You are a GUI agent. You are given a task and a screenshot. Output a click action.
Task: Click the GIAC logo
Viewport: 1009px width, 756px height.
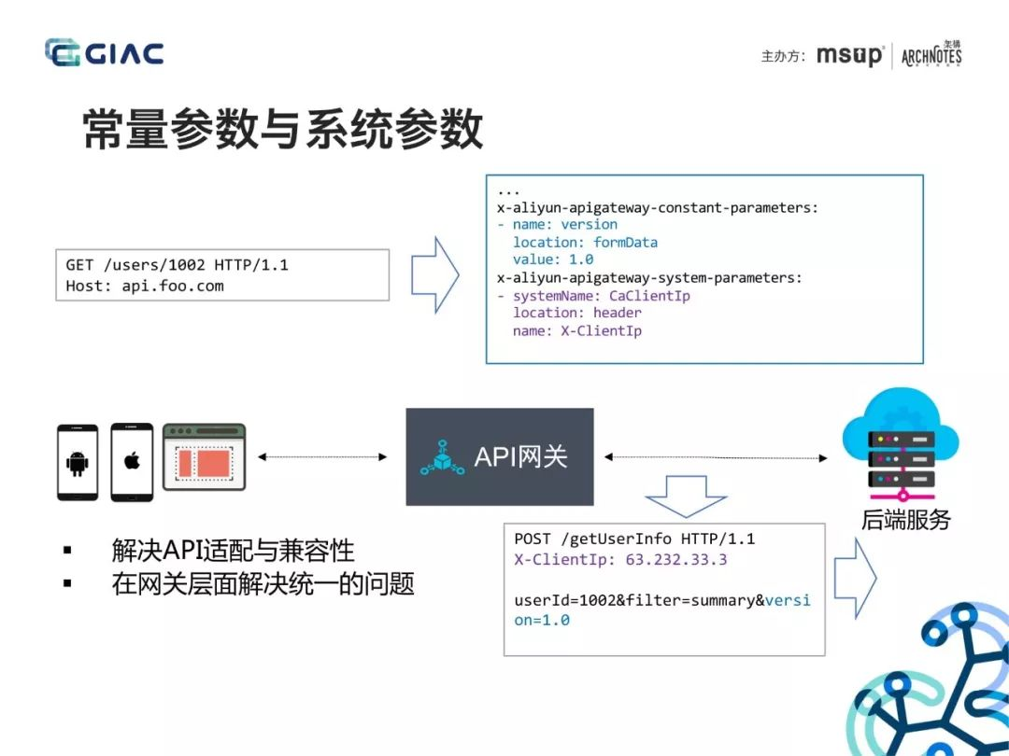(x=105, y=52)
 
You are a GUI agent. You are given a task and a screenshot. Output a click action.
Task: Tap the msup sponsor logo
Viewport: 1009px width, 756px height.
(x=850, y=55)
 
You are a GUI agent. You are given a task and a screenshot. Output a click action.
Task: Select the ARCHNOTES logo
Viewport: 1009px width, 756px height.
(x=931, y=54)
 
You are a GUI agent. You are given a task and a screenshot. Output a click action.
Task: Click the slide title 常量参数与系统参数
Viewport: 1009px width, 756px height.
(x=283, y=129)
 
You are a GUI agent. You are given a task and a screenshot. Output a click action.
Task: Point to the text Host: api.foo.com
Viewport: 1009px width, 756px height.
(x=145, y=287)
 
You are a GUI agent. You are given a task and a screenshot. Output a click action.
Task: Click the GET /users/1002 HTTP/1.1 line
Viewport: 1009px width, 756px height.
(x=177, y=265)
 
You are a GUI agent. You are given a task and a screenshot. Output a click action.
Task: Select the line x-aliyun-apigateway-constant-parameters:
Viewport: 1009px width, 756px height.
(x=657, y=207)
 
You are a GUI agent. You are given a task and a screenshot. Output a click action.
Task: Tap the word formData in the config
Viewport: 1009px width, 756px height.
(x=625, y=243)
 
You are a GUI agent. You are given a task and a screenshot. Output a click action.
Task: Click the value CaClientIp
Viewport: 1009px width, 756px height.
(x=649, y=296)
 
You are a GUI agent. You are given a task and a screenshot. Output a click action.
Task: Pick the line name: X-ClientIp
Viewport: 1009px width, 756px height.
(x=577, y=330)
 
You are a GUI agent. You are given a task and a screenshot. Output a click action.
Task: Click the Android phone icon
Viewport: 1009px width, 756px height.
(x=78, y=462)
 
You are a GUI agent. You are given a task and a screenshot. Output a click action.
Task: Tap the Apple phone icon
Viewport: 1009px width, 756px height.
(x=132, y=462)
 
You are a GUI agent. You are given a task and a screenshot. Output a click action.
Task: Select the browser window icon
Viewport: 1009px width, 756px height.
(x=204, y=457)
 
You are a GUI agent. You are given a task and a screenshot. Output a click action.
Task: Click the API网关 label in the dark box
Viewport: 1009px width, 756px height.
(x=520, y=456)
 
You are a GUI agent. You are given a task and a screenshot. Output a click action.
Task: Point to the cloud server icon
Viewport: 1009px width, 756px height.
(x=901, y=444)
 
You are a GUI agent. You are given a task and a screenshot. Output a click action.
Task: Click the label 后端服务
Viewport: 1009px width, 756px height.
(x=906, y=520)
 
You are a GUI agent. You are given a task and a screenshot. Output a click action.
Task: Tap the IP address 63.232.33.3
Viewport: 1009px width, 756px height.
(x=676, y=559)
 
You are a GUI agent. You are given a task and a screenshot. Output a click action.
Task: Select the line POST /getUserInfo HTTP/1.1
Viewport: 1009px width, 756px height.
(x=634, y=539)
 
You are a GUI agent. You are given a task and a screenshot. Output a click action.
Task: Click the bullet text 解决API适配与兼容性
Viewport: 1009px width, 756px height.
(x=233, y=551)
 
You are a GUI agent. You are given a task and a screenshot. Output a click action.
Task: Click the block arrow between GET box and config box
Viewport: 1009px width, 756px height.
(x=435, y=275)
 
